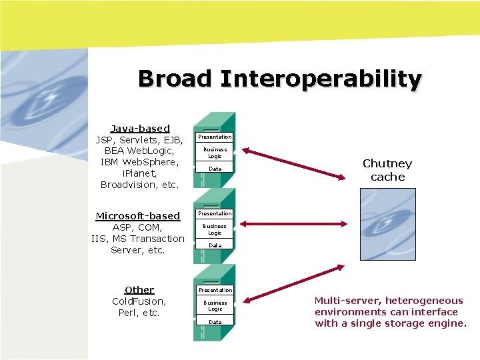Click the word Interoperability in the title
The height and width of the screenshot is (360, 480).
(321, 79)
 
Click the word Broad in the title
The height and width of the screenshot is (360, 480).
(175, 79)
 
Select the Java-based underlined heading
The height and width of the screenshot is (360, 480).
(140, 128)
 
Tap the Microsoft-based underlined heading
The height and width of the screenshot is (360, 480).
(138, 215)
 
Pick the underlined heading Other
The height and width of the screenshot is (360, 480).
(139, 289)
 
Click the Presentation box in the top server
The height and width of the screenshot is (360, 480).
(215, 137)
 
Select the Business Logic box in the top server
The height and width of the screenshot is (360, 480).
(215, 153)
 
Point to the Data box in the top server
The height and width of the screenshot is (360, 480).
(215, 169)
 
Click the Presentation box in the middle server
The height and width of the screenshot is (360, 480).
(215, 213)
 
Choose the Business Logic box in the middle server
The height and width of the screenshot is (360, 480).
(215, 229)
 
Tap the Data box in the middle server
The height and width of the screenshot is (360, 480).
(215, 246)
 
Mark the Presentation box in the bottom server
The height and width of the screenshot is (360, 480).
(215, 290)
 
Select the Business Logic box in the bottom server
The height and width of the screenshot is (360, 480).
(215, 306)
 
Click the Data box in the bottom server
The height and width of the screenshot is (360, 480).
(215, 323)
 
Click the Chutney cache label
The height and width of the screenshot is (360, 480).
(387, 170)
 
